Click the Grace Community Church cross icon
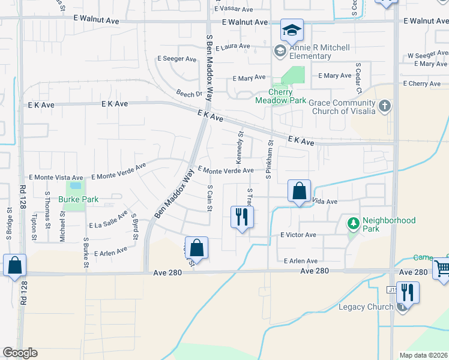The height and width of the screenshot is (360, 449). pos(385,107)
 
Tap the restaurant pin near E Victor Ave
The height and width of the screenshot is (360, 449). pos(242,217)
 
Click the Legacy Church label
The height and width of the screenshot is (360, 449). pos(366,307)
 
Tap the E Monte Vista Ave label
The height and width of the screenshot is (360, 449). pos(56,178)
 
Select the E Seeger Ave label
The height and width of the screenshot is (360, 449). pos(176,59)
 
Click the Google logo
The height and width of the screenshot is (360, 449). pos(20,353)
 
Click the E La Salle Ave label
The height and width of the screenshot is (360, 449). pos(108,221)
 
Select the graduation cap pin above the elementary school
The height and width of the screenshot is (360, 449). pos(292,30)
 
